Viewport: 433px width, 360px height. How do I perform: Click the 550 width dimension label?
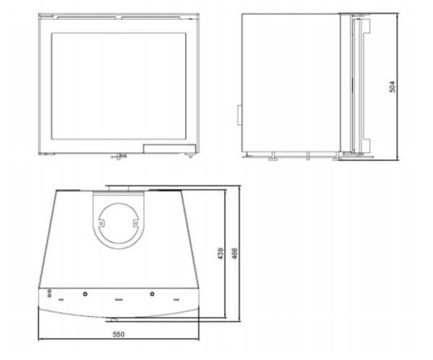[x=118, y=334]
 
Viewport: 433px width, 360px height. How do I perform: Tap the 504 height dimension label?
[x=392, y=87]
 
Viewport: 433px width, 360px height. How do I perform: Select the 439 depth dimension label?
[x=221, y=253]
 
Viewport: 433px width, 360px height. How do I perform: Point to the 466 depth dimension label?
[x=235, y=253]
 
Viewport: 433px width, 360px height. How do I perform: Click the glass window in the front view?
[x=118, y=86]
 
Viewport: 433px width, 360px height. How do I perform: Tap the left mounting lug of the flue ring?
[x=101, y=223]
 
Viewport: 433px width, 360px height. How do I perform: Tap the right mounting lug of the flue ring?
[x=136, y=223]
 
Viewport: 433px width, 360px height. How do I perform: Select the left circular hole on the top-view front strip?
[x=85, y=294]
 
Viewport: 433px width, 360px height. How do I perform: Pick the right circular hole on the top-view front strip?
[x=152, y=294]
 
